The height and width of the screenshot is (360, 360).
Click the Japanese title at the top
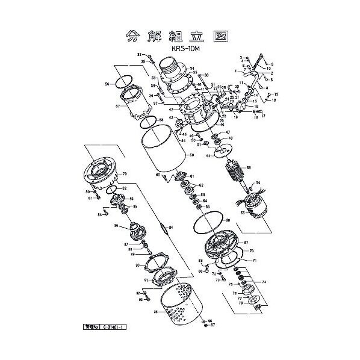179,34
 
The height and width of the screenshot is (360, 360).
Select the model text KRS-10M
179,46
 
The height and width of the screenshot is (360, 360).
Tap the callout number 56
107,84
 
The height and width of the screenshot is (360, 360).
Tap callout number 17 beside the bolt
263,116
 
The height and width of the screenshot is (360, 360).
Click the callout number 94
171,228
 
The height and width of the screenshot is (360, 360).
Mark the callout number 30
206,75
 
